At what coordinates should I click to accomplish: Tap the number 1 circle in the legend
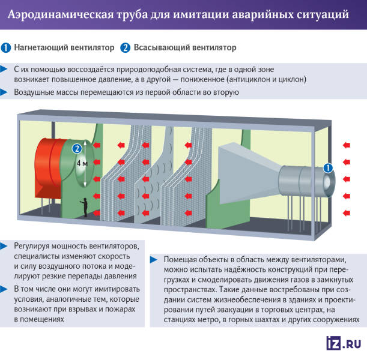pos(6,47)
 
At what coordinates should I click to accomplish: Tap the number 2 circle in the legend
pos(125,47)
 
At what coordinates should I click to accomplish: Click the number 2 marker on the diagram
pos(76,149)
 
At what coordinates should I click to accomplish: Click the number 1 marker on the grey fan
pos(327,169)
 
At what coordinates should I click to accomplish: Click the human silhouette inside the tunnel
pos(85,207)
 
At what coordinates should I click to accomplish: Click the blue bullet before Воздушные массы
pos(5,92)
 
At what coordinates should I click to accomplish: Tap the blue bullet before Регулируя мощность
pos(5,246)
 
